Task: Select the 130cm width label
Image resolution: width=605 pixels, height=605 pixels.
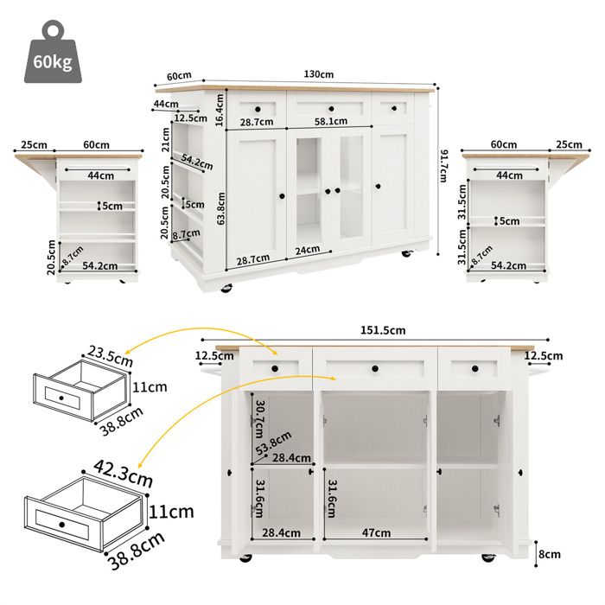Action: coord(318,75)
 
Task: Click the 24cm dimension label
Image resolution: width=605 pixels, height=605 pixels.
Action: coord(307,250)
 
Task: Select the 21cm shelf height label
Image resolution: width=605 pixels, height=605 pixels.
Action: coord(166,138)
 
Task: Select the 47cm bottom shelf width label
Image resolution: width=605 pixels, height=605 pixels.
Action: coord(375,533)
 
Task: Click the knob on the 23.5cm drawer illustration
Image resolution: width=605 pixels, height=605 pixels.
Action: coord(60,397)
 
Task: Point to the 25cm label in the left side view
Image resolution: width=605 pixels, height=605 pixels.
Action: coord(34,144)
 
